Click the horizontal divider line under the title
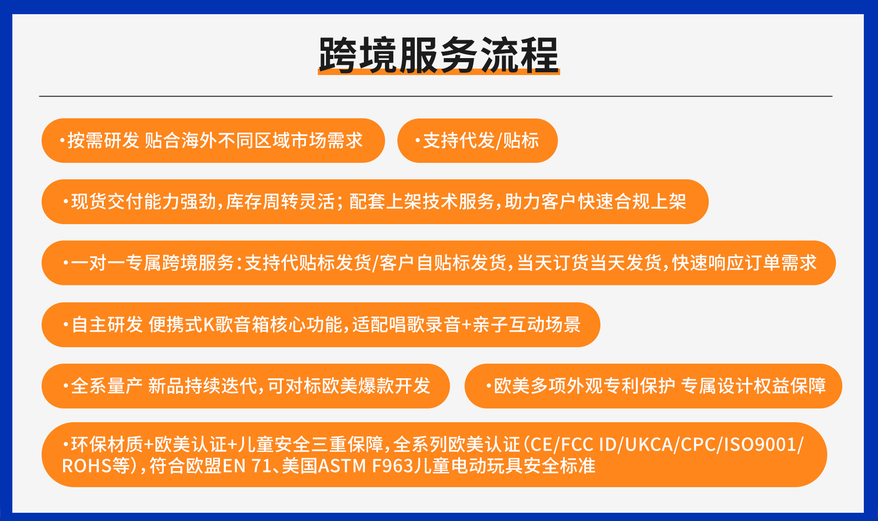tap(436, 97)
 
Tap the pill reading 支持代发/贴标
tap(477, 140)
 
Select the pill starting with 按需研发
tap(213, 140)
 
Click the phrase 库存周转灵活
tap(280, 202)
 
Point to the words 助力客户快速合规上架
tap(595, 202)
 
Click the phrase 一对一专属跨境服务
tap(153, 263)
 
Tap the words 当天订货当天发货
tap(589, 263)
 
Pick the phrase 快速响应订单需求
tap(744, 263)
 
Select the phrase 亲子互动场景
tap(527, 325)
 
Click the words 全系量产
tap(107, 386)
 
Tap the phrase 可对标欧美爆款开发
tap(349, 386)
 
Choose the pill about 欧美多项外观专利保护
tap(653, 386)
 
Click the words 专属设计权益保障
tap(754, 386)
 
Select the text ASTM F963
tap(365, 466)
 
